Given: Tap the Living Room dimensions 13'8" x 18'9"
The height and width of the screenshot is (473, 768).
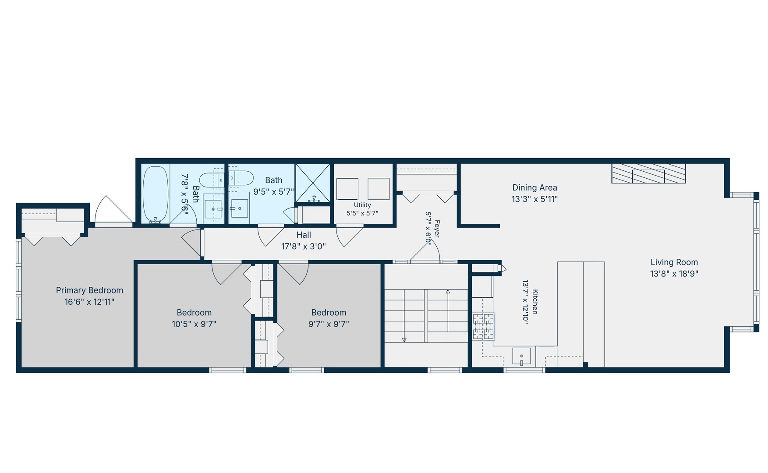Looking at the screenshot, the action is [674, 274].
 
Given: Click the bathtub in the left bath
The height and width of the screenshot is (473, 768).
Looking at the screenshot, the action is [156, 194].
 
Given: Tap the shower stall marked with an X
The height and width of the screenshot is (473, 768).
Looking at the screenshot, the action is [313, 183].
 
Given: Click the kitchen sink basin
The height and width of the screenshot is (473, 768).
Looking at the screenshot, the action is [521, 356].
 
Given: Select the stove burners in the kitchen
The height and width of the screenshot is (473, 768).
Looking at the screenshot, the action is [484, 326].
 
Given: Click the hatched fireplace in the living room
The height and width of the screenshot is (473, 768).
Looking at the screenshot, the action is [648, 173].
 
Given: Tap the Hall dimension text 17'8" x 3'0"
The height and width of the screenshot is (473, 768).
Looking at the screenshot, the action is [304, 247].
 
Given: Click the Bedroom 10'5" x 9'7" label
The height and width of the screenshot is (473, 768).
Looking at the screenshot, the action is [194, 318].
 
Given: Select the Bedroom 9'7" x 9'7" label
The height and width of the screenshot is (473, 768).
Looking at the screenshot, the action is [329, 318].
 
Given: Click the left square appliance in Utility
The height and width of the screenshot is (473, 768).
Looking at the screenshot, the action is [347, 189].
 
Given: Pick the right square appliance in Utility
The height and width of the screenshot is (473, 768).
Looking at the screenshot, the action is [379, 189].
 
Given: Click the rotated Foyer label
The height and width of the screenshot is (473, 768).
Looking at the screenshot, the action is [432, 229].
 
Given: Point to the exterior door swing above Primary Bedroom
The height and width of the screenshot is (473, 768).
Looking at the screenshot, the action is [113, 209].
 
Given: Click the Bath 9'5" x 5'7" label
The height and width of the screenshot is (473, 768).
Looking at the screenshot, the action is [274, 186].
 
